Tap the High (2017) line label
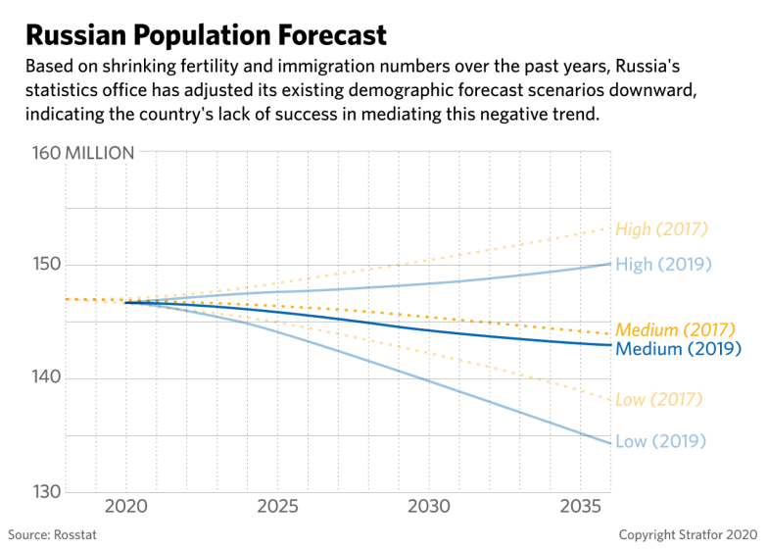660,229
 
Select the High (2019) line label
661,265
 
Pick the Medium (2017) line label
675,329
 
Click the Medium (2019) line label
677,348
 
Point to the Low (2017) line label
658,399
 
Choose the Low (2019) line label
660,441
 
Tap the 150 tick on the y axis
48,265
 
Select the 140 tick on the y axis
48,378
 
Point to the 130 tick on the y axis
48,491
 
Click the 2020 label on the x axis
125,508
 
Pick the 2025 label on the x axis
277,508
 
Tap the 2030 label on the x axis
430,508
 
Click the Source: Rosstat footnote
53,535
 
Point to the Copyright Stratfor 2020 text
689,535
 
